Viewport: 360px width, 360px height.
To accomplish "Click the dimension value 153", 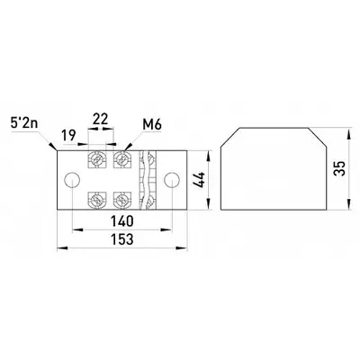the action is pyautogui.click(x=122, y=239).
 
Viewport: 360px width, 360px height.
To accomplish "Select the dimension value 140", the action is pyautogui.click(x=122, y=221).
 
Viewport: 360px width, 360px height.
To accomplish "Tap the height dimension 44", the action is pyautogui.click(x=200, y=180).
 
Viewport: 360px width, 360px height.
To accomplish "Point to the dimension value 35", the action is pyautogui.click(x=341, y=168).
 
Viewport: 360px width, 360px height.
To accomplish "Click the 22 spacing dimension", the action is pyautogui.click(x=100, y=119).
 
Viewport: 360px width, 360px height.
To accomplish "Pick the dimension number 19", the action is pyautogui.click(x=68, y=135).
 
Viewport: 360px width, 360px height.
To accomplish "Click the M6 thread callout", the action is pyautogui.click(x=152, y=124).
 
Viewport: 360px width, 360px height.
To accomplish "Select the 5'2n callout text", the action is pyautogui.click(x=24, y=123).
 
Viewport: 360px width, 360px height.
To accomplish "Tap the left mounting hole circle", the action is pyautogui.click(x=72, y=180).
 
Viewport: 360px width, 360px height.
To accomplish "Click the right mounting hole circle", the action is pyautogui.click(x=172, y=180).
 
